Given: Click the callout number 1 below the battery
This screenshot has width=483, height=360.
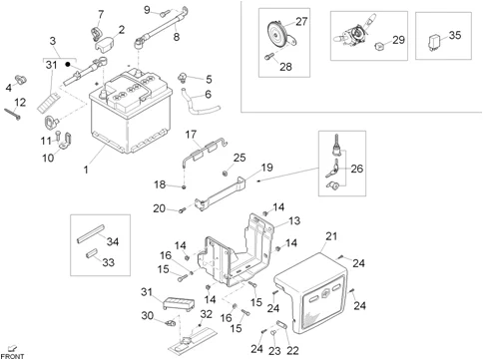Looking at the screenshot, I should pos(85,170).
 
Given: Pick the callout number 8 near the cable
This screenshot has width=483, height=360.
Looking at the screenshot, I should pos(176,37).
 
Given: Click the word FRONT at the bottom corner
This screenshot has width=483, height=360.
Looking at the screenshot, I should pos(13,354).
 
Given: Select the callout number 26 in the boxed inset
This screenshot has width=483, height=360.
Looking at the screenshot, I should pos(357,169).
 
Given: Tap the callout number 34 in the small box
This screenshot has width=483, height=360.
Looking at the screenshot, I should pos(112,241).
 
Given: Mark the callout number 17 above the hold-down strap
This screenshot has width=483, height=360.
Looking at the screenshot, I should pos(190,134).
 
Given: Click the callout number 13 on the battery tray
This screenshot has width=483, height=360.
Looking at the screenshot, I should pos(294,220).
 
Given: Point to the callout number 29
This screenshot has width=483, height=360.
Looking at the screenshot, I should pos(398,40).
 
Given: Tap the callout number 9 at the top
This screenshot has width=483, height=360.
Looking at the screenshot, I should pos(147,10).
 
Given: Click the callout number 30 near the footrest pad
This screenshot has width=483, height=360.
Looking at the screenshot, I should pos(146,315).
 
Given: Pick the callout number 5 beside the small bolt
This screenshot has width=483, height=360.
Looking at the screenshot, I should pos(208,79).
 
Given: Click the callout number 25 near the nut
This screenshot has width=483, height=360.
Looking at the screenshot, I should pos(239,157).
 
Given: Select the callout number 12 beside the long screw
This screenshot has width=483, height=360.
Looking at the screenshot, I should pos(19,103).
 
